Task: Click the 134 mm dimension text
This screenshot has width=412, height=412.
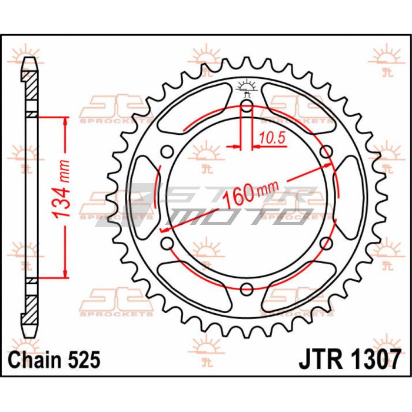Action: (x=61, y=188)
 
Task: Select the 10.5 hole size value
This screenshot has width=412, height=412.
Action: (x=272, y=138)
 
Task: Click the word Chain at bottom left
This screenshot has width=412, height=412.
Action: (x=35, y=360)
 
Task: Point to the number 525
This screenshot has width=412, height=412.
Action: (x=84, y=360)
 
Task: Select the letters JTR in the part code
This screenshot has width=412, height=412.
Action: (x=321, y=360)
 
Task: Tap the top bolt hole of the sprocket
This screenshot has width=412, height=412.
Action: (x=247, y=106)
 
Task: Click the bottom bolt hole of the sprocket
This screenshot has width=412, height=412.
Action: (x=247, y=289)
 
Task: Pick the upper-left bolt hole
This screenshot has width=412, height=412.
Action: (x=167, y=152)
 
